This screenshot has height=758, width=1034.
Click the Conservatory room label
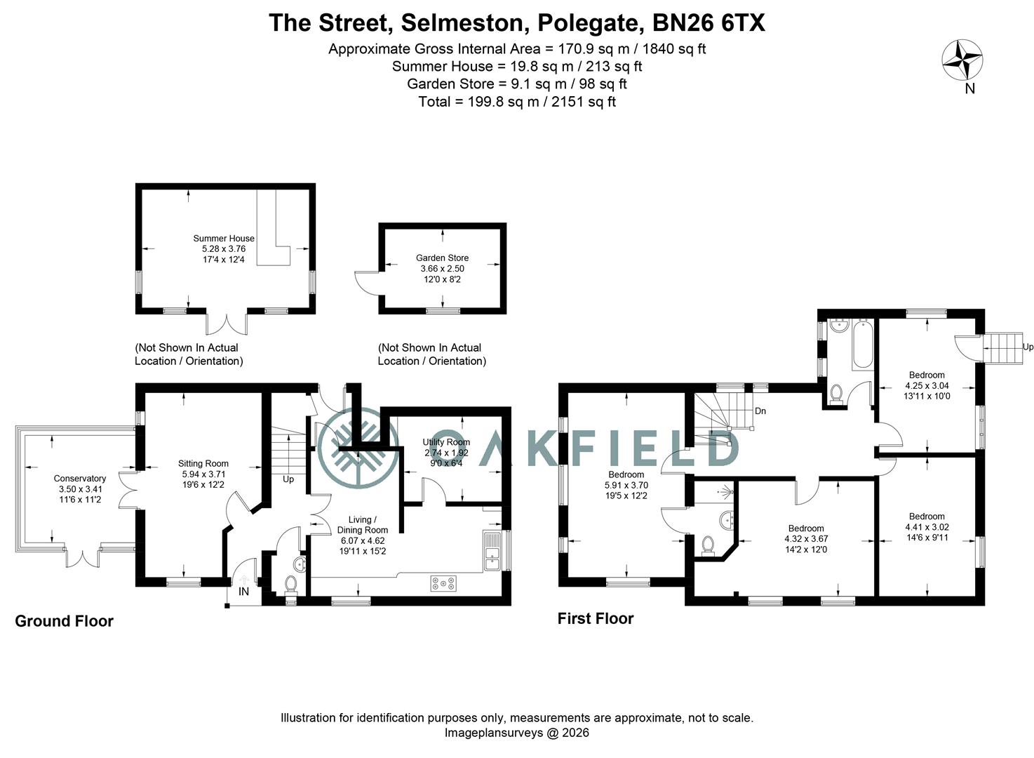pyautogui.click(x=80, y=479)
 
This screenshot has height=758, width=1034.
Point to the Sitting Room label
pyautogui.click(x=203, y=463)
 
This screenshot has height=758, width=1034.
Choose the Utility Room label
pyautogui.click(x=446, y=442)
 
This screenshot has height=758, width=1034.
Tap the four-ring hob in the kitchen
pyautogui.click(x=443, y=583)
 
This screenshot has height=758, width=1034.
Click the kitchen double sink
pyautogui.click(x=491, y=552)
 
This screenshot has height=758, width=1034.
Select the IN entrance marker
pyautogui.click(x=243, y=592)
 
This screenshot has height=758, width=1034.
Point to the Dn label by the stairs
pyautogui.click(x=760, y=411)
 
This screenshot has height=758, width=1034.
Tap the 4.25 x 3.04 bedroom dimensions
pyautogui.click(x=927, y=385)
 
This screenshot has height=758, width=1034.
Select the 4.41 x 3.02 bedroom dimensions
pyautogui.click(x=926, y=527)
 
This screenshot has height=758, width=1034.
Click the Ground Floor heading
pyautogui.click(x=64, y=621)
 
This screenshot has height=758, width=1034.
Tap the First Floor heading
pyautogui.click(x=596, y=618)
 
